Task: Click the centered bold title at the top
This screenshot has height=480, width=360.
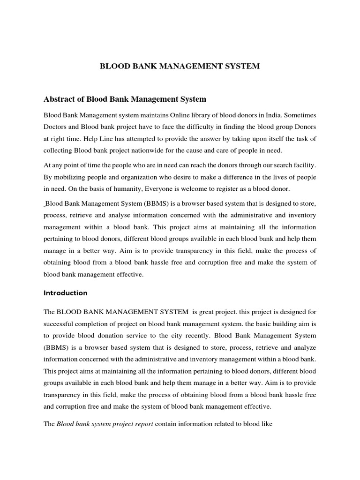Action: (180, 67)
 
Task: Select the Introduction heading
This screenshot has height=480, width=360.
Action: (66, 293)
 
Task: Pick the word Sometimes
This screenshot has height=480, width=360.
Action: (300, 115)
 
